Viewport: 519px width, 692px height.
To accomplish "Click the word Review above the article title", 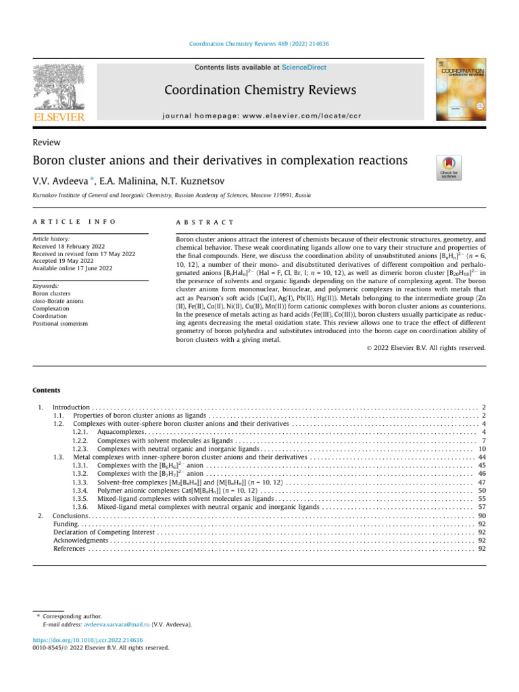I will click(47, 143).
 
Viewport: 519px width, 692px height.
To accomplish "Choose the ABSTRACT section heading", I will click(205, 222).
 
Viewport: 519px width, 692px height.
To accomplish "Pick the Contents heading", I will click(47, 390).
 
